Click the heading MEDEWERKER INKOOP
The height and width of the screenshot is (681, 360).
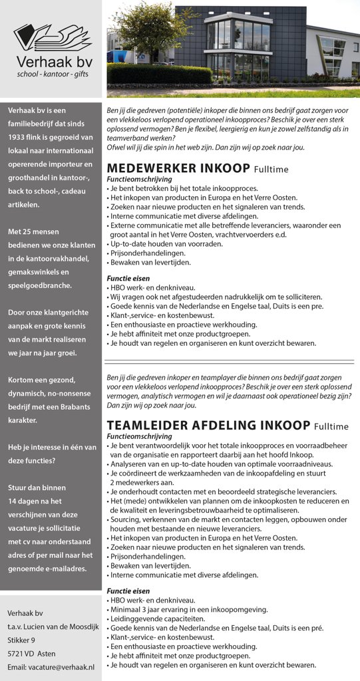coord(178,168)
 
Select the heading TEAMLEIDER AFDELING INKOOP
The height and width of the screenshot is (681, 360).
coord(208,425)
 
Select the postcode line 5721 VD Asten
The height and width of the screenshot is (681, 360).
coord(31,653)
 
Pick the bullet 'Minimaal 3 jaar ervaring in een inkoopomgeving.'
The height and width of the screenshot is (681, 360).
coord(189,609)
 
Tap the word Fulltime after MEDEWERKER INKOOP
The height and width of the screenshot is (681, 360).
coord(270,169)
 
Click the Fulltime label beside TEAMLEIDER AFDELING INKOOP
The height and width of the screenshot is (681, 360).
coord(331,426)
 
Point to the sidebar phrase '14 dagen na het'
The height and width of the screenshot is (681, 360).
coord(35,501)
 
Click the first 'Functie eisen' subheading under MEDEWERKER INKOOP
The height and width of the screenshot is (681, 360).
coord(128,278)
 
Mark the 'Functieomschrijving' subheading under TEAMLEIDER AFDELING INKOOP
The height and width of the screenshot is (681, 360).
coord(140,436)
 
